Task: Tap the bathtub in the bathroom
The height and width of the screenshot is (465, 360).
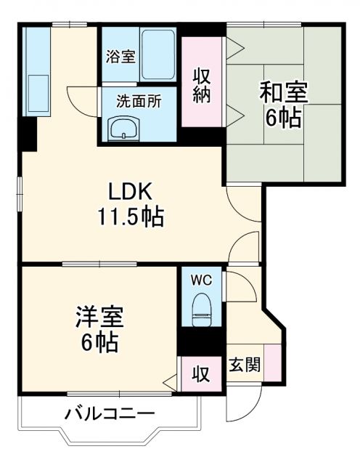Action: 157,56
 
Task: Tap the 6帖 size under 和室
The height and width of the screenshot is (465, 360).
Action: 283,118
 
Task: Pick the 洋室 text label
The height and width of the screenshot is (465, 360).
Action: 100,317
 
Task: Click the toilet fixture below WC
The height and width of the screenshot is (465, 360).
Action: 201,308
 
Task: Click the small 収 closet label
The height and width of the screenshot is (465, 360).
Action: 200,373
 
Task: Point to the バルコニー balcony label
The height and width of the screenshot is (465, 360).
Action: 110,415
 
